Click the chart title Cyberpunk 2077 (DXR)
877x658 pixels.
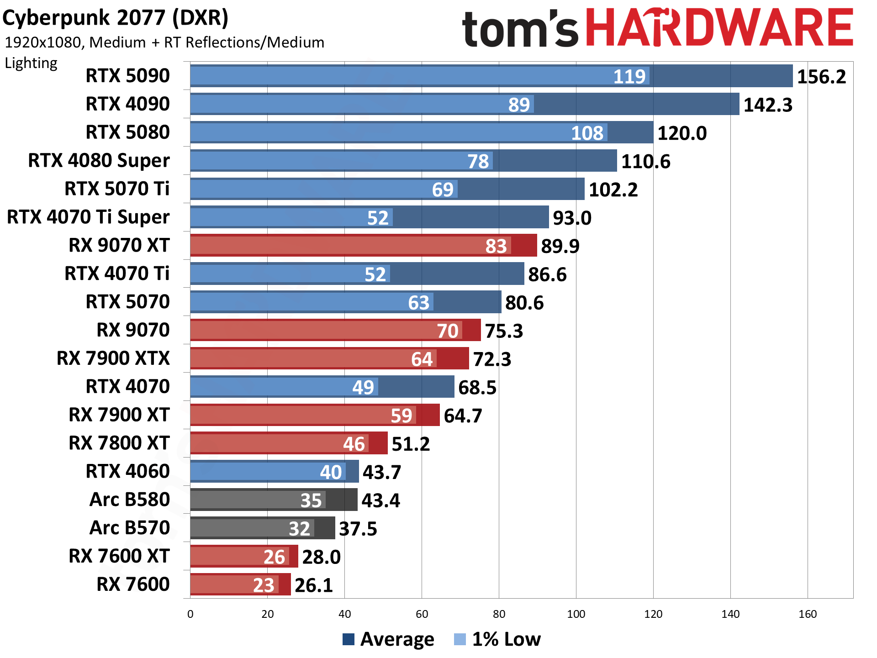(115, 18)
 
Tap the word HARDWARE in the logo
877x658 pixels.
(719, 28)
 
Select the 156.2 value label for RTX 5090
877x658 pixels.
(821, 77)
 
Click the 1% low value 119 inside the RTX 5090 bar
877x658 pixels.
(629, 77)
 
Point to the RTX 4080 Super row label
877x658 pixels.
(99, 161)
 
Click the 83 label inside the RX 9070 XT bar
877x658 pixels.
(496, 246)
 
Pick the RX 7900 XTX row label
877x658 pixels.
(113, 358)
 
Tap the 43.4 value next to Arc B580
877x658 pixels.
(380, 500)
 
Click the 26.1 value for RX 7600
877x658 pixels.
(314, 585)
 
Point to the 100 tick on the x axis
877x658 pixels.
(576, 614)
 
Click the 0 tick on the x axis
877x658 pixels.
(190, 614)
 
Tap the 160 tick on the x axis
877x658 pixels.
(808, 614)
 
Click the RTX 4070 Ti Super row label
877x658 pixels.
(88, 217)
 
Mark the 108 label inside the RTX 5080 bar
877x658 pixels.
(587, 133)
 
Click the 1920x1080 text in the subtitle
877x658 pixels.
(44, 42)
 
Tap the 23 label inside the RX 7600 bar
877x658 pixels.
(264, 585)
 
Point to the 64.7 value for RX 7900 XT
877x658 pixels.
(463, 416)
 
